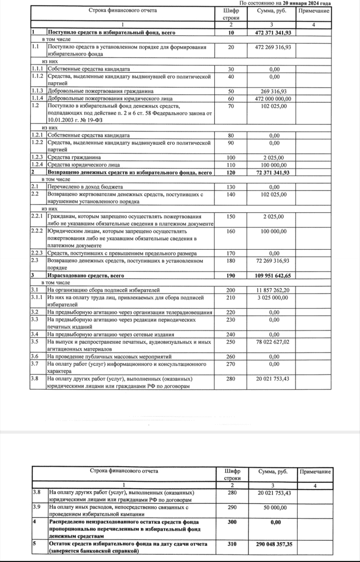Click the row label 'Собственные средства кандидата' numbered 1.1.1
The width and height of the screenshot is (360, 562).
(88, 69)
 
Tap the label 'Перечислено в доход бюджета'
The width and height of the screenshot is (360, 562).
(84, 186)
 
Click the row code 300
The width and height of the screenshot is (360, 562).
(232, 521)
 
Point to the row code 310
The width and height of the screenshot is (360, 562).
(232, 543)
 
